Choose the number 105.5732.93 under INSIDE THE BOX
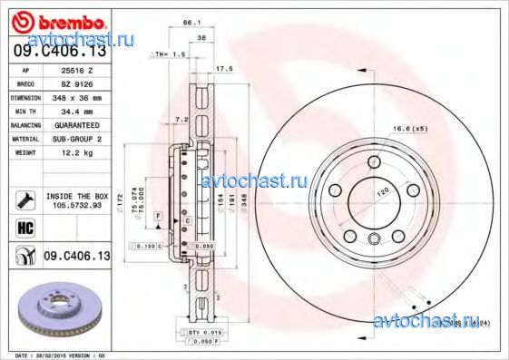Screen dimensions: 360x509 tap(77, 204)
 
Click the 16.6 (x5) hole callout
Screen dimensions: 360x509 tap(410, 131)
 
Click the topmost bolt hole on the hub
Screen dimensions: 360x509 tap(374, 162)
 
